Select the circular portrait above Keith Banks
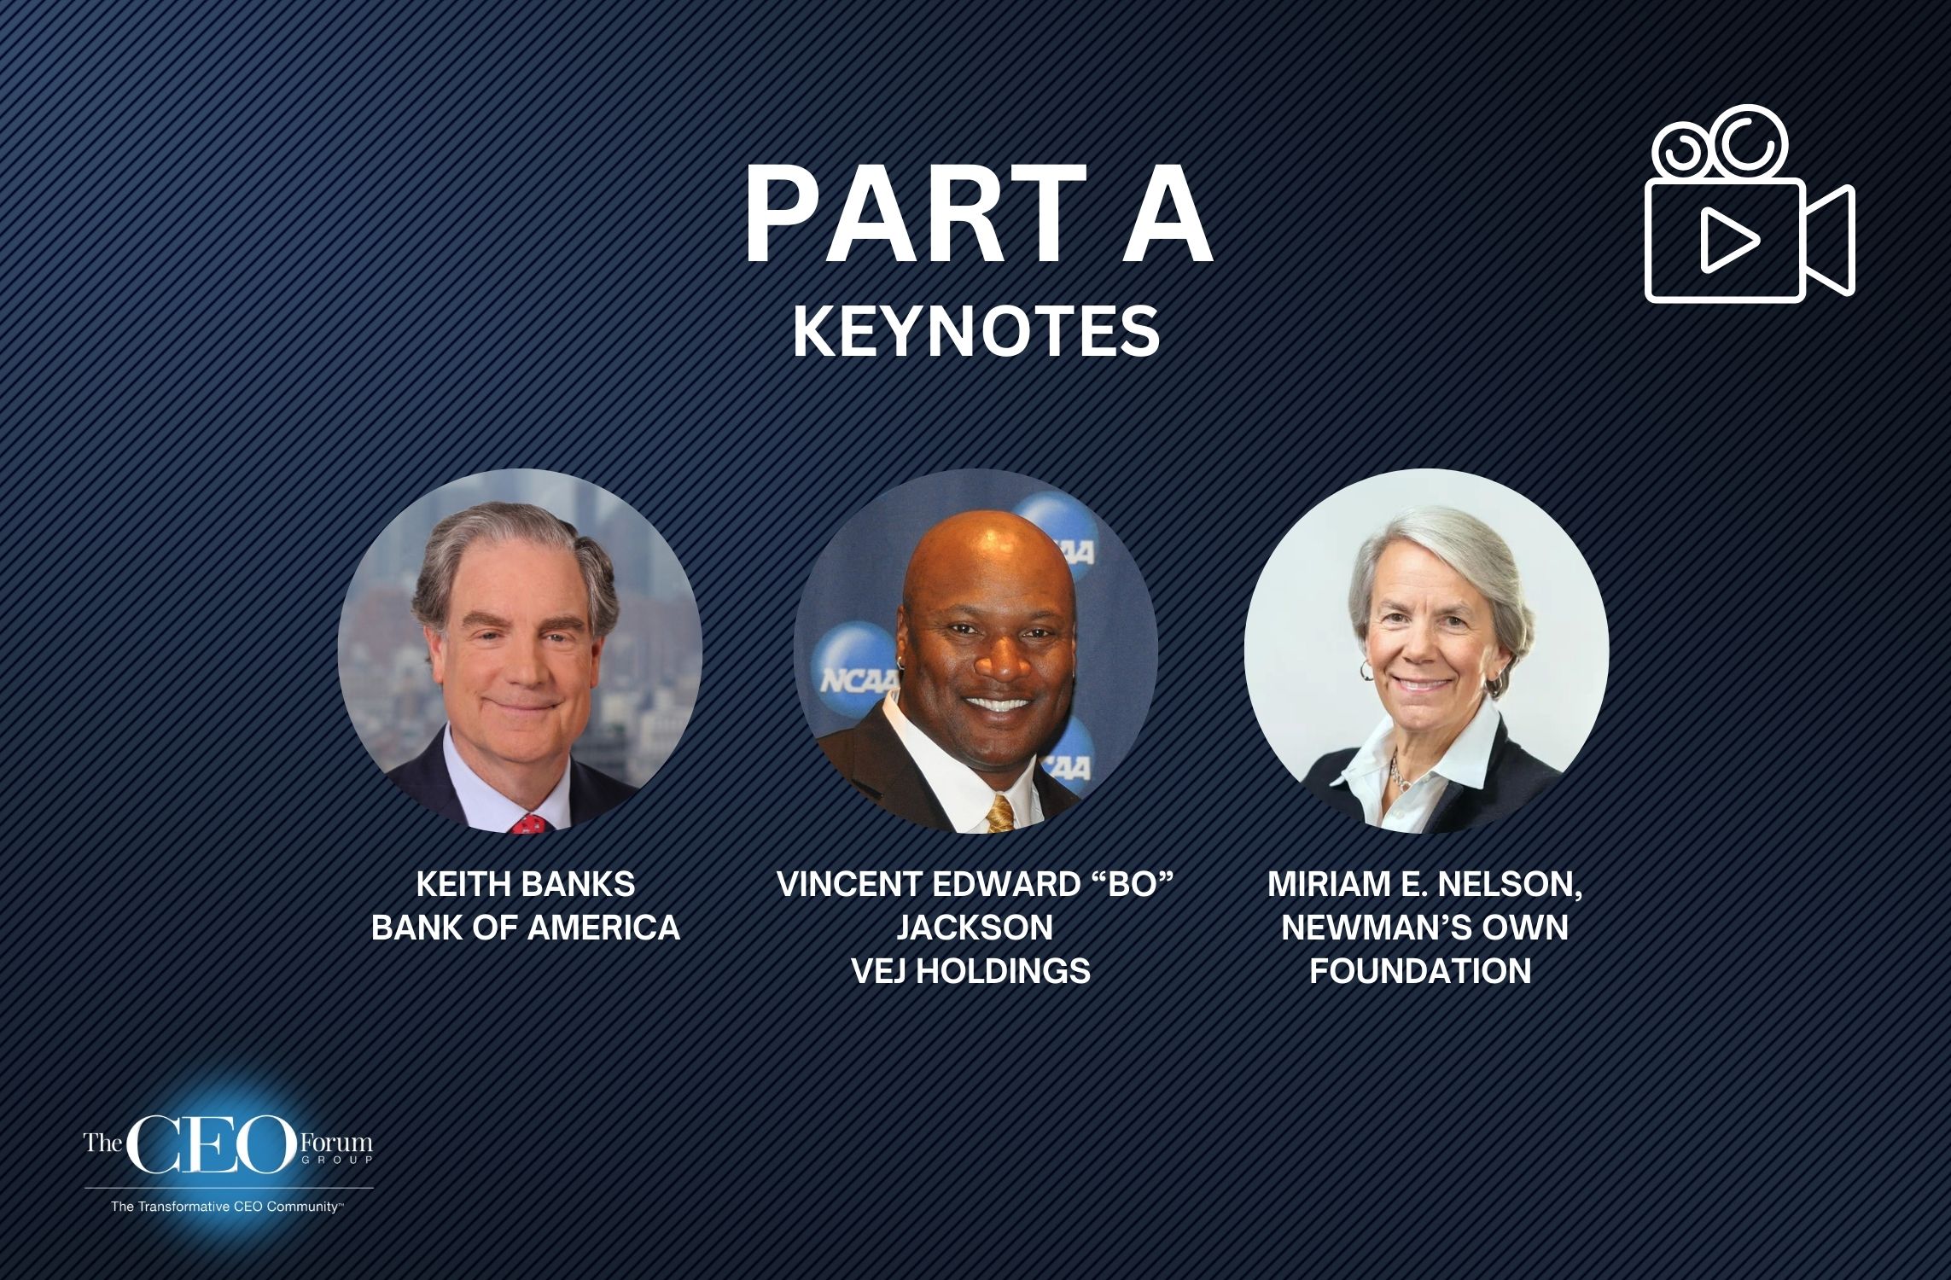point(520,650)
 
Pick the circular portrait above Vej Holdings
point(975,650)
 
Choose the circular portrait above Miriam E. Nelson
point(1425,650)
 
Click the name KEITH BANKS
point(525,884)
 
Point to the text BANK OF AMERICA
point(525,928)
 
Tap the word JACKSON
point(974,928)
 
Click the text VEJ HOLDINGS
point(971,971)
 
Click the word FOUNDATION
point(1420,971)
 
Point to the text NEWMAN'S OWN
point(1424,928)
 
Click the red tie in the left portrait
point(529,824)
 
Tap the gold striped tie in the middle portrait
point(999,814)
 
